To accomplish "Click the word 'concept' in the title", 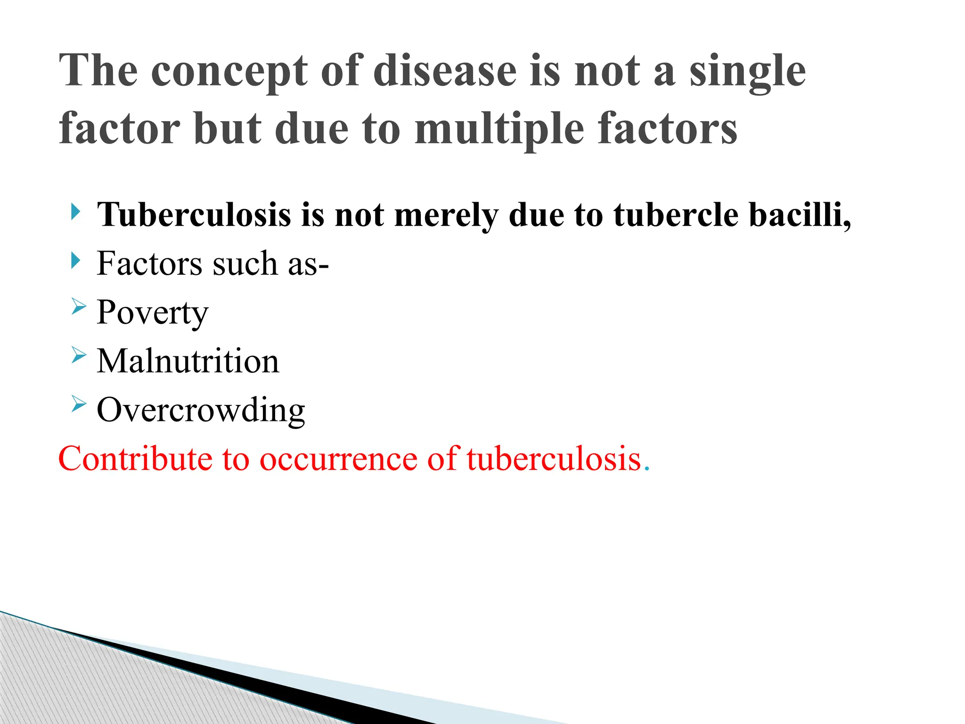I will tap(229, 72).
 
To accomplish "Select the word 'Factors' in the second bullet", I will tap(149, 263).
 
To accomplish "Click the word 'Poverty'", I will tap(152, 313).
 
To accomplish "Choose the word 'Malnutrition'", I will tap(188, 361).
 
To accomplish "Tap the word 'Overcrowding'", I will tap(201, 410).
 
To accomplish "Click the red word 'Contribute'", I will tap(135, 458).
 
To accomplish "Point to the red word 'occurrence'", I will tap(338, 458).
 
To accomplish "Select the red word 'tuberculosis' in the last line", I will tap(554, 458).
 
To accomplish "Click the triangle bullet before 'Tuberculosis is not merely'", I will tap(75, 212).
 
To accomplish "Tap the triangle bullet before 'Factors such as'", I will tap(75, 260).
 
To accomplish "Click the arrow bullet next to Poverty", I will tap(79, 307).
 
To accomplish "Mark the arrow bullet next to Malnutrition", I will tap(79, 355).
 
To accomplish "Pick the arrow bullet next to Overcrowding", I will tap(79, 404).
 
